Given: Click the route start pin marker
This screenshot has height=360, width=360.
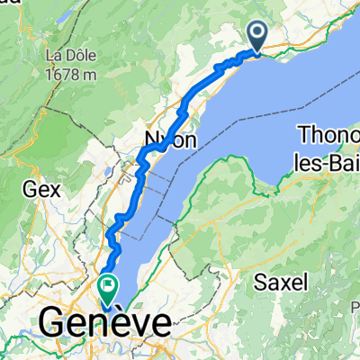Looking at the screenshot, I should coord(256,36).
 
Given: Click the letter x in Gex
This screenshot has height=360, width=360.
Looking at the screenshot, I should coord(54,191).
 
